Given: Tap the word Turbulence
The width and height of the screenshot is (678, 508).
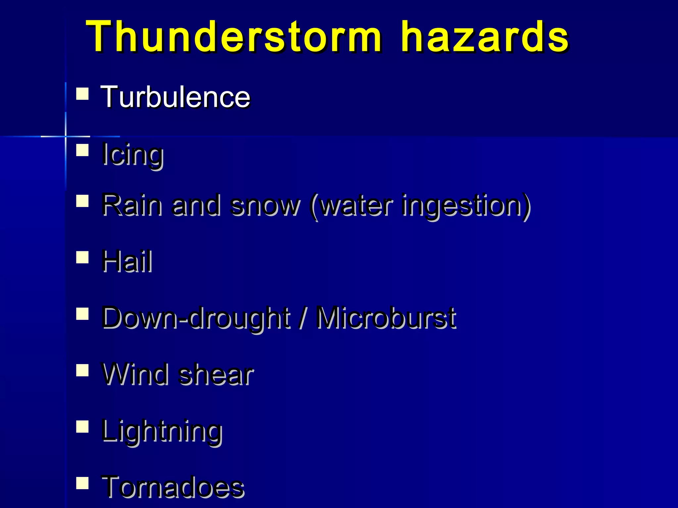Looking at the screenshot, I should click(x=175, y=97).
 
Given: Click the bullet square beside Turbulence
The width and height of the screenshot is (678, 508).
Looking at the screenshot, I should click(x=82, y=94).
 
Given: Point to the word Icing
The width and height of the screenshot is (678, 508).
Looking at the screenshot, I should click(x=132, y=154).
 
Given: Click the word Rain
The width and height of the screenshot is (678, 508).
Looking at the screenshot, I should click(x=132, y=205).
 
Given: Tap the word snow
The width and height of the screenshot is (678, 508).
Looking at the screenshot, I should click(x=265, y=206).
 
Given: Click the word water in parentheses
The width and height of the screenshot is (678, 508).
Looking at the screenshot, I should click(x=356, y=206).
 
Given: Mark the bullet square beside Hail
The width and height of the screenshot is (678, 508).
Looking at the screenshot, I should click(x=82, y=257).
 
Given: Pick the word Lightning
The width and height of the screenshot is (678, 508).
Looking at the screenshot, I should click(x=162, y=431).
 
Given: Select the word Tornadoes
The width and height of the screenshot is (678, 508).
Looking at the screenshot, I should click(x=173, y=487).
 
